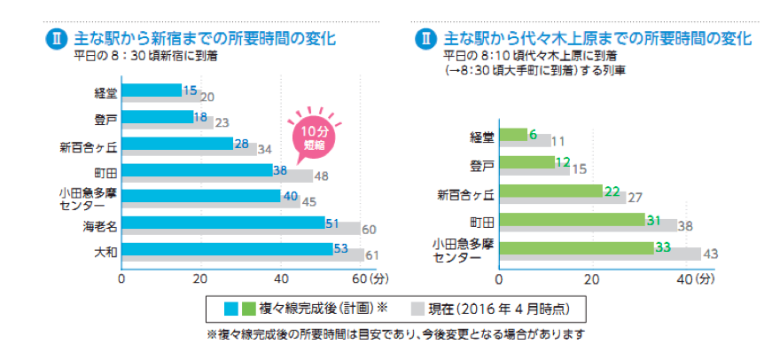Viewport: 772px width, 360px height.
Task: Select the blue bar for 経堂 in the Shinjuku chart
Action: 152,90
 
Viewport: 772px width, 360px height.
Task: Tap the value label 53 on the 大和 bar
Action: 340,249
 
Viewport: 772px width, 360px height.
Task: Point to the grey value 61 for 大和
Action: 371,256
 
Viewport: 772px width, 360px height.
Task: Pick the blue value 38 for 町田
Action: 279,169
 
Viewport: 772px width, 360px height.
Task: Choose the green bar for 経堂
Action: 513,135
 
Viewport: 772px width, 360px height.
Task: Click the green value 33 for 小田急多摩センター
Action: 660,247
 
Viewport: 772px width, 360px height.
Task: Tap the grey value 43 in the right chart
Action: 709,254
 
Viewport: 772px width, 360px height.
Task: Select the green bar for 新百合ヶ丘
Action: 550,191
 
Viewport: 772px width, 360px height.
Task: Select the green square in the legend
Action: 248,309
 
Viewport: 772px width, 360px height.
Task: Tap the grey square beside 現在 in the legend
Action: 418,309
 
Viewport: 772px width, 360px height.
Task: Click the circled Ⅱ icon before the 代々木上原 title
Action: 426,39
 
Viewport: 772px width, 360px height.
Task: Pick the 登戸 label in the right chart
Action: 481,164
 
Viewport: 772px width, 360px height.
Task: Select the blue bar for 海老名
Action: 222,223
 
